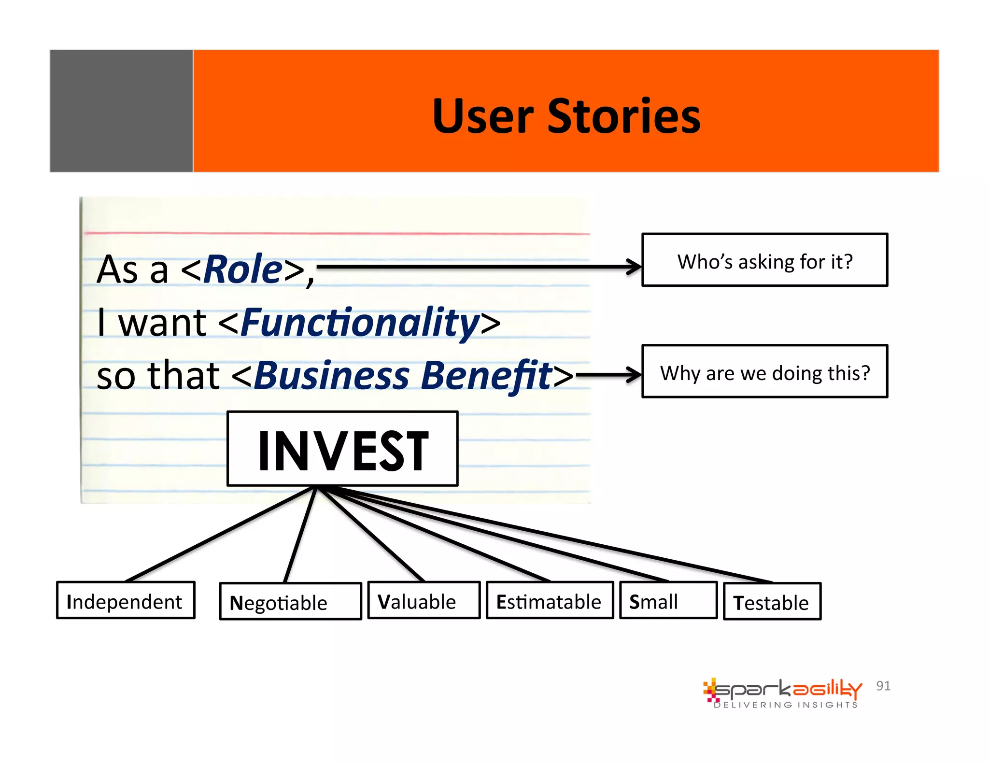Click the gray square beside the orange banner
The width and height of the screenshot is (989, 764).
[121, 111]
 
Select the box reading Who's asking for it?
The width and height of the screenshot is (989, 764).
[764, 260]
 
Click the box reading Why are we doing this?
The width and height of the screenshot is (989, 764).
[764, 371]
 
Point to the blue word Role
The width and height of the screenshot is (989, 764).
[243, 269]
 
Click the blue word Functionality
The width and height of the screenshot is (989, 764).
[360, 322]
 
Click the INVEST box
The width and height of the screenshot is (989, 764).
[342, 449]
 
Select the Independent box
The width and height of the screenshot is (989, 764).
[126, 600]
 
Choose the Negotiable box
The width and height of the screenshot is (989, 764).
[290, 601]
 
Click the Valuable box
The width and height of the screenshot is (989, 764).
[424, 600]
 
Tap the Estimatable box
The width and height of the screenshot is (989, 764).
[550, 600]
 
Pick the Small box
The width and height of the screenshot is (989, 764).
[668, 600]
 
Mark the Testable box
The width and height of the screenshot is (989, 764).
[772, 601]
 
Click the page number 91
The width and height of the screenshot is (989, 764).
[883, 686]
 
